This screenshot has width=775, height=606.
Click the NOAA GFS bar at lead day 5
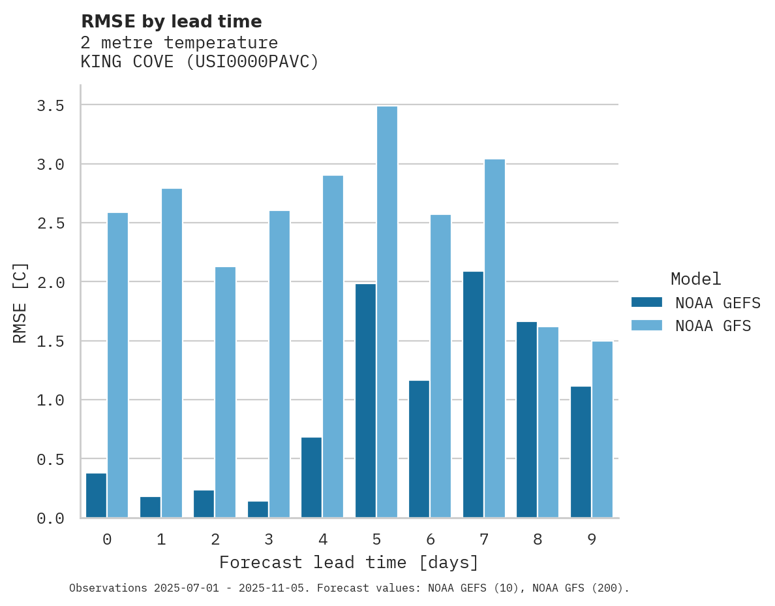(x=387, y=312)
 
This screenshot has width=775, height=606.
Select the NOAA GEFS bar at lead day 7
(x=473, y=394)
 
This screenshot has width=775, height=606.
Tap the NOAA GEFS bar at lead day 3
(x=258, y=509)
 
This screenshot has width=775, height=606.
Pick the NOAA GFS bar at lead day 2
(x=225, y=392)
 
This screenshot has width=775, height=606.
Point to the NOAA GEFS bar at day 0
(x=96, y=495)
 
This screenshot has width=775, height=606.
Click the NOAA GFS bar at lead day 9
(x=602, y=429)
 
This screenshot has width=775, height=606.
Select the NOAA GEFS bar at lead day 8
(x=526, y=419)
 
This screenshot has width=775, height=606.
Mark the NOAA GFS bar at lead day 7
(x=494, y=338)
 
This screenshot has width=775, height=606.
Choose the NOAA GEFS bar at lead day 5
(x=365, y=400)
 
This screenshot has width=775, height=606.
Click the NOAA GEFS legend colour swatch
(x=646, y=302)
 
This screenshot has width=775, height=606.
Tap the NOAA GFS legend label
(x=713, y=326)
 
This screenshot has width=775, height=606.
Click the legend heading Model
(x=695, y=279)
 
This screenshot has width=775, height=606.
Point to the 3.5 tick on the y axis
(x=50, y=106)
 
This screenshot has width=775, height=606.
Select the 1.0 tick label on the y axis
(x=50, y=400)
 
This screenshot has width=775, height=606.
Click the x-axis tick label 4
(x=322, y=539)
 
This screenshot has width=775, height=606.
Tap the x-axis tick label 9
(x=591, y=539)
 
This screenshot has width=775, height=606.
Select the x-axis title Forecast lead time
(x=349, y=562)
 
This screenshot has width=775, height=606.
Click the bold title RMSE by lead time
(x=171, y=22)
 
